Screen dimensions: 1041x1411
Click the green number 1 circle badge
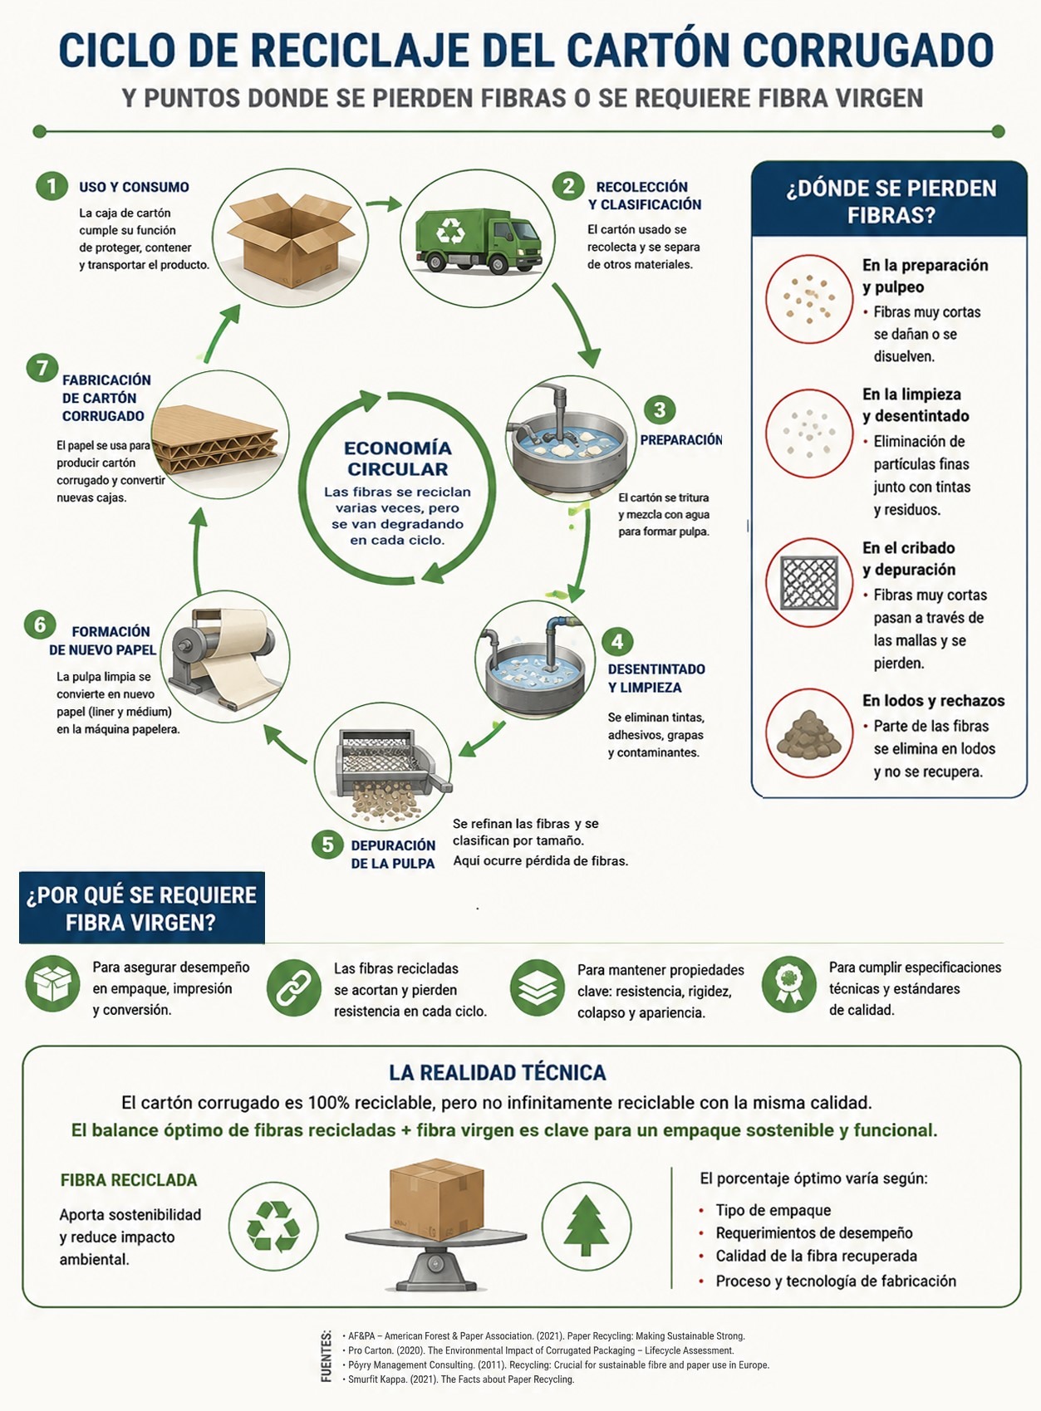[52, 186]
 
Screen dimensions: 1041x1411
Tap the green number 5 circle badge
[327, 844]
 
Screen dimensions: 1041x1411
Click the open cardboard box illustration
[291, 238]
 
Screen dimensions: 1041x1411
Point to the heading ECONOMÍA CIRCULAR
[398, 458]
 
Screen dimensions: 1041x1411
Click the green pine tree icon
[586, 1225]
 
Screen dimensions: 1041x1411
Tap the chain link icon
[293, 987]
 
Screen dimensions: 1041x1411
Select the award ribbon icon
[789, 983]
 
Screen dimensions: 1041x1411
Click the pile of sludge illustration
[808, 734]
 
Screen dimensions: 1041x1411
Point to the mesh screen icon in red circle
[809, 583]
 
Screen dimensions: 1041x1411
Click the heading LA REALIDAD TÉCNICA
[497, 1072]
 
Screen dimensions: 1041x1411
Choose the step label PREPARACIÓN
[681, 439]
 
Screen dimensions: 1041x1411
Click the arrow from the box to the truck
[384, 203]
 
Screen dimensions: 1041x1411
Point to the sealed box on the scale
[436, 1199]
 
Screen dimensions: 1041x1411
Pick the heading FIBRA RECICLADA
[129, 1180]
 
